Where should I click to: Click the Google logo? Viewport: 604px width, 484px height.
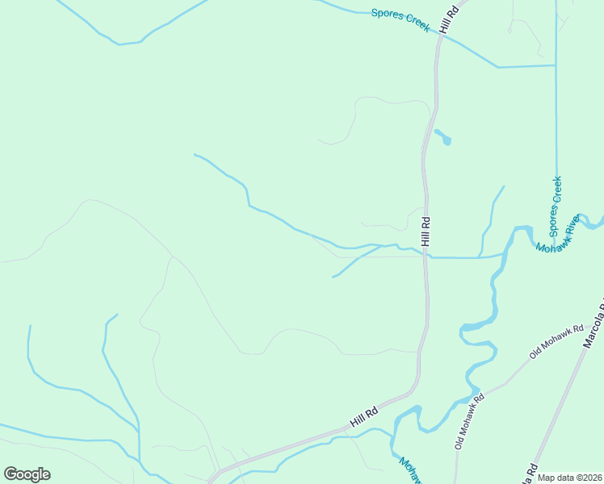tap(27, 474)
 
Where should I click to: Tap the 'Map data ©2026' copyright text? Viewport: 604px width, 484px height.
tap(569, 478)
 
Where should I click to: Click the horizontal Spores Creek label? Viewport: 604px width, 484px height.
tap(401, 19)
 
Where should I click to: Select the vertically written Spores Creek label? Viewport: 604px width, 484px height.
tap(556, 201)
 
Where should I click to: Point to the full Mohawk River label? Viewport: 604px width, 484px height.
tap(559, 235)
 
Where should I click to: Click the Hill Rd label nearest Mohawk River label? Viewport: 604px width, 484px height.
tap(426, 232)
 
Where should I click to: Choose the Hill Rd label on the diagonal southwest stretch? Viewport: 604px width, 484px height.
tap(364, 418)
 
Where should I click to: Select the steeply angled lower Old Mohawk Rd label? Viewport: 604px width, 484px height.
tap(469, 421)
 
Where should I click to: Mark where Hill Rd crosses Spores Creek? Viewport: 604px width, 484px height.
tap(440, 35)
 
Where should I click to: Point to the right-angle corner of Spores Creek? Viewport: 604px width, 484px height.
tap(556, 65)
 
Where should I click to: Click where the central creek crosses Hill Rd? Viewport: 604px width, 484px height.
tap(426, 256)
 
